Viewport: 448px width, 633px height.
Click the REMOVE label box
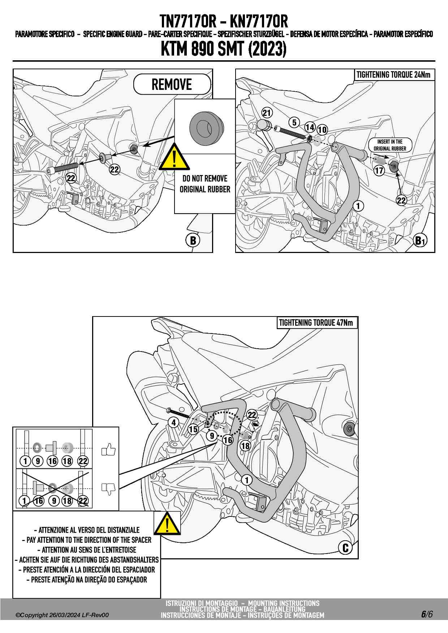[x=172, y=84]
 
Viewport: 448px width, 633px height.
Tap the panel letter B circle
[x=193, y=240]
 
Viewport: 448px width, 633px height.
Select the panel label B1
[x=420, y=241]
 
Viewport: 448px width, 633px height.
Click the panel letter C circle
[x=345, y=548]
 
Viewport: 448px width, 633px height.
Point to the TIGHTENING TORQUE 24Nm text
[x=393, y=75]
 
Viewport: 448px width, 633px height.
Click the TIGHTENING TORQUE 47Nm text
[x=316, y=323]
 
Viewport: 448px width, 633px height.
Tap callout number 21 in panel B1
[x=267, y=113]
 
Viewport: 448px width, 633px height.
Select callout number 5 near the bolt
[x=294, y=122]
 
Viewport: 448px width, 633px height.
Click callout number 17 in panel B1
[x=379, y=170]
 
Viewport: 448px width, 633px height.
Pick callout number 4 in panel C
[x=174, y=422]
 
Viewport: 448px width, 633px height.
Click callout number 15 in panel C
[x=193, y=429]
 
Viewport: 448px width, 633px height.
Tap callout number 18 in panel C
[x=245, y=446]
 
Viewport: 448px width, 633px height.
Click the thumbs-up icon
[x=108, y=450]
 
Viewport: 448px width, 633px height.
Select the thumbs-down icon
[x=108, y=489]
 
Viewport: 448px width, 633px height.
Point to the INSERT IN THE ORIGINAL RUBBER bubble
[x=390, y=145]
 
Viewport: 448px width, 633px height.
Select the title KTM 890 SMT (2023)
[x=224, y=49]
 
